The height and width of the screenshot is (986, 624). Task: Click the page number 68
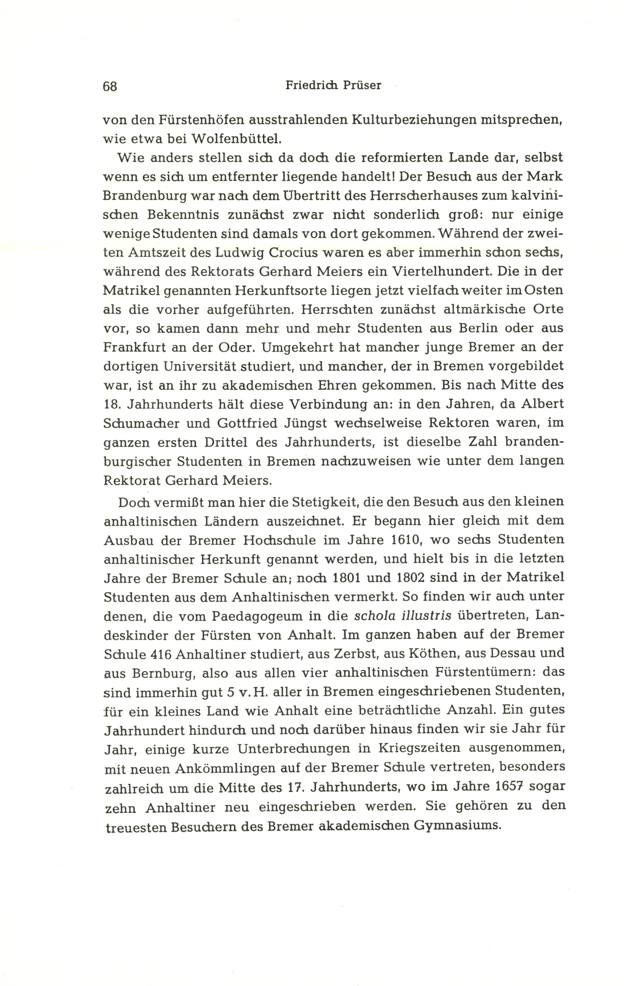point(110,86)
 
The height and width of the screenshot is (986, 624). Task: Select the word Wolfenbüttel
point(237,139)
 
